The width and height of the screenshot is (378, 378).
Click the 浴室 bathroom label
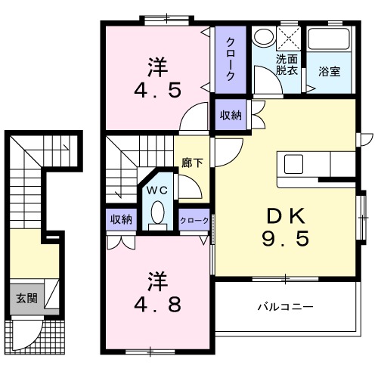(329, 73)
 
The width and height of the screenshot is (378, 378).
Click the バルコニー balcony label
(285, 307)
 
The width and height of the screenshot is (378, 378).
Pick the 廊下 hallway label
(191, 161)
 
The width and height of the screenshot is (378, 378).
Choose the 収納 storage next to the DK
(231, 115)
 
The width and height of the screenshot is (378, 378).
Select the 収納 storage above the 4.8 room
(121, 220)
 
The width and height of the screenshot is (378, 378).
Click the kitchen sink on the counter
(293, 162)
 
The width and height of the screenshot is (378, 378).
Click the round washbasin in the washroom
(262, 37)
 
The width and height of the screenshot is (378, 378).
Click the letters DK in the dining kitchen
(284, 215)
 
